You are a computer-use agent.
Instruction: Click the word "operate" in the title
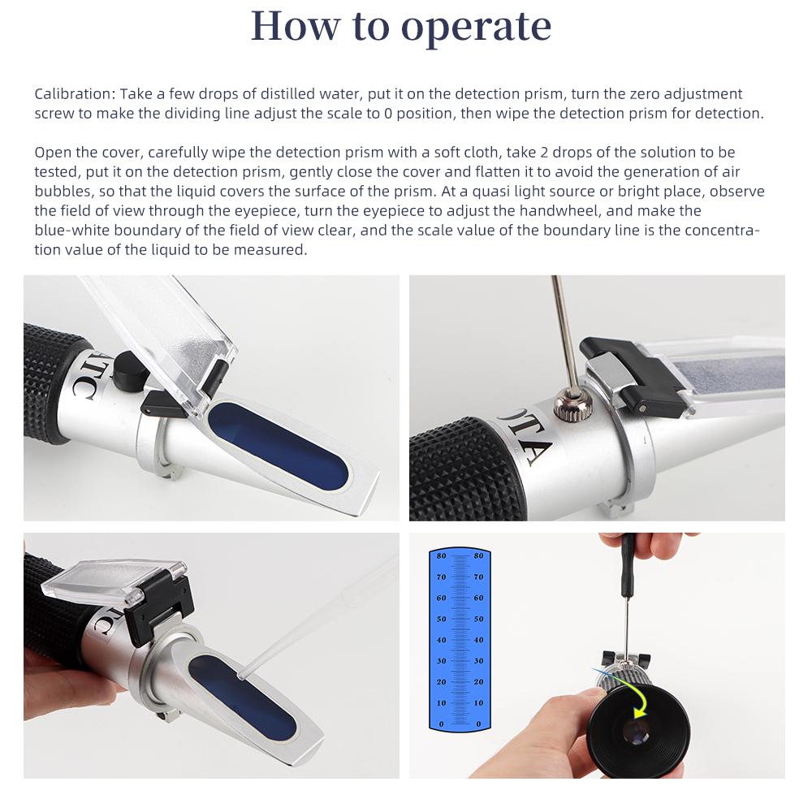pos(476,27)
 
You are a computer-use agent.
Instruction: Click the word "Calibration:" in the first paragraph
pos(71,94)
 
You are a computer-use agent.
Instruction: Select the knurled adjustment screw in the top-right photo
pos(565,404)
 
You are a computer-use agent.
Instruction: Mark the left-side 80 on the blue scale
pos(441,556)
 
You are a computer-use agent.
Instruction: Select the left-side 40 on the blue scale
pos(441,640)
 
